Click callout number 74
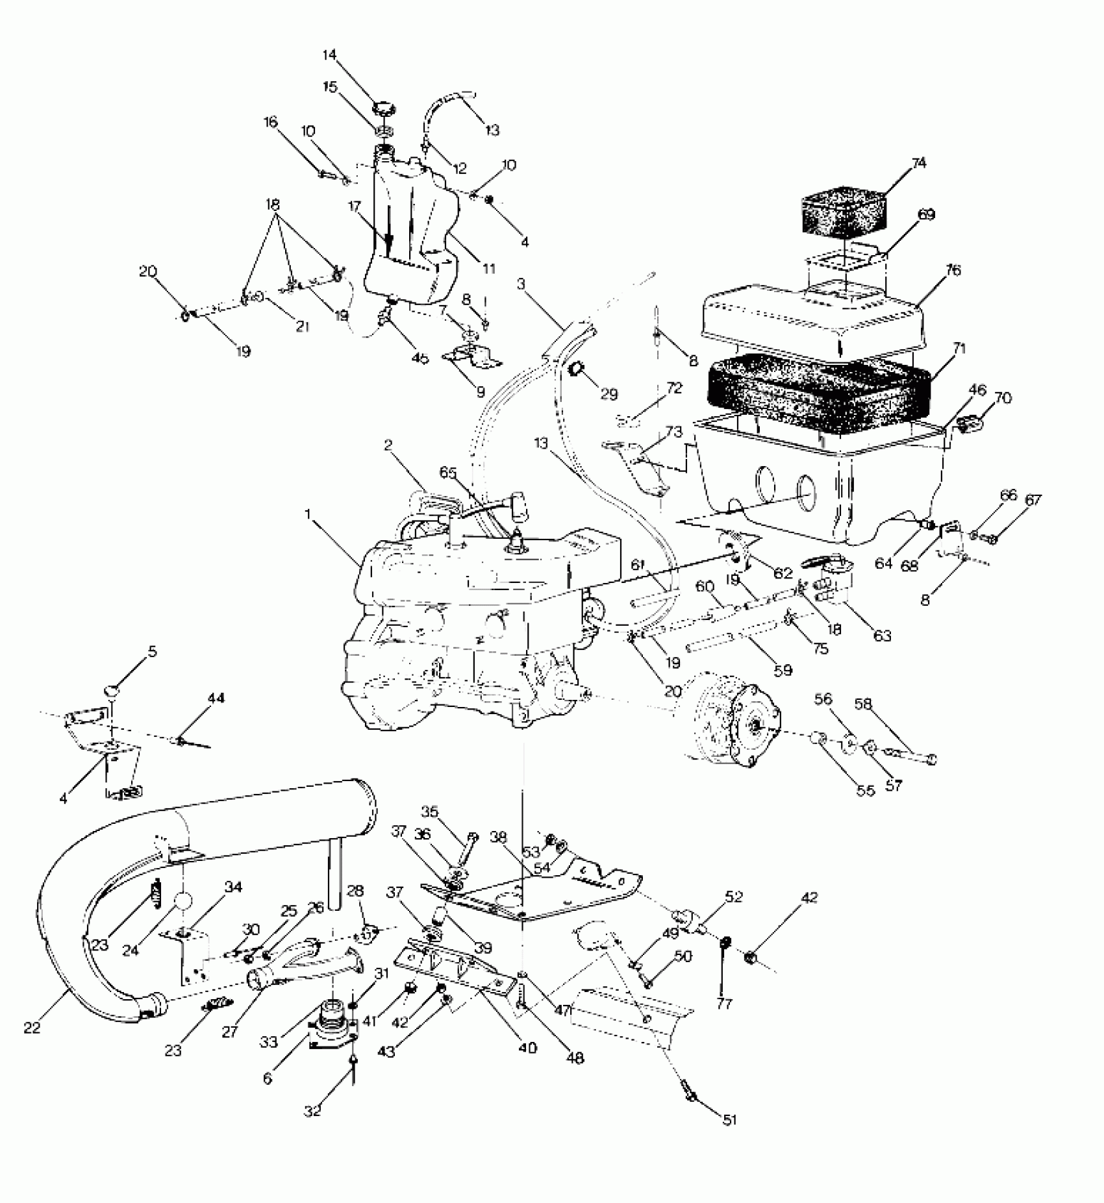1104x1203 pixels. click(918, 163)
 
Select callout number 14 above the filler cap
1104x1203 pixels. click(331, 55)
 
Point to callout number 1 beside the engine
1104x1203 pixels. click(309, 515)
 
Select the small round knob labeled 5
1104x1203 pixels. click(113, 689)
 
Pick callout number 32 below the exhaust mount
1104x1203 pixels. click(312, 1111)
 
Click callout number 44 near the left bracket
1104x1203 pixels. click(216, 698)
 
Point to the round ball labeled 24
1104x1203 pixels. click(183, 902)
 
